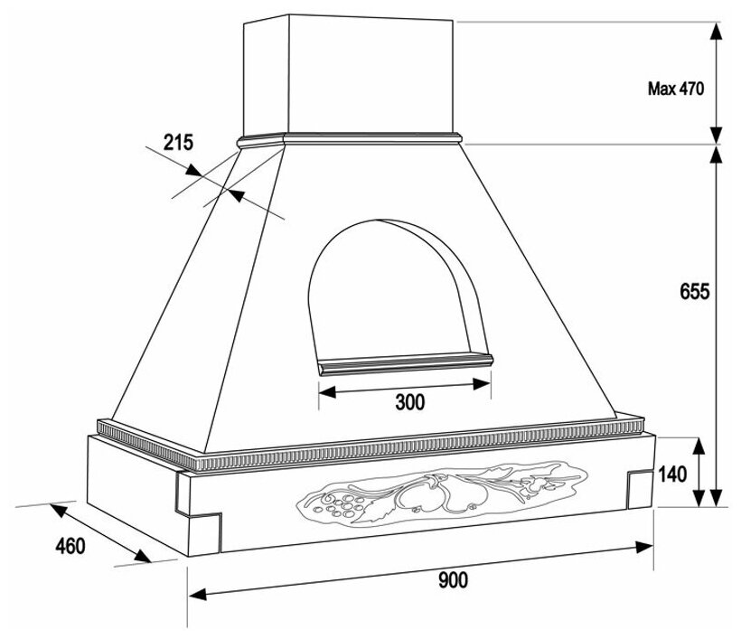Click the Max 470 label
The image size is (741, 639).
(675, 89)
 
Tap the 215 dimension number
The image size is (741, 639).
(179, 142)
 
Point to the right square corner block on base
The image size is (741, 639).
(640, 486)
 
